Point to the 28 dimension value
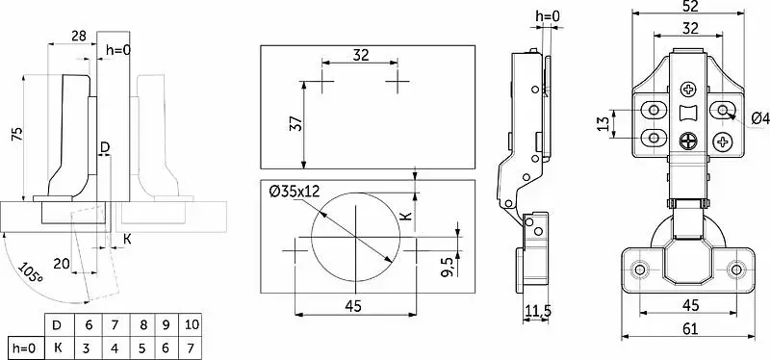(79, 36)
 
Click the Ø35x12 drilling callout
(295, 190)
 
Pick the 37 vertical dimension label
(296, 125)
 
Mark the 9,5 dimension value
(449, 268)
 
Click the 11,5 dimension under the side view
(538, 310)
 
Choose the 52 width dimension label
(691, 6)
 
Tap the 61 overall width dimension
(690, 329)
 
